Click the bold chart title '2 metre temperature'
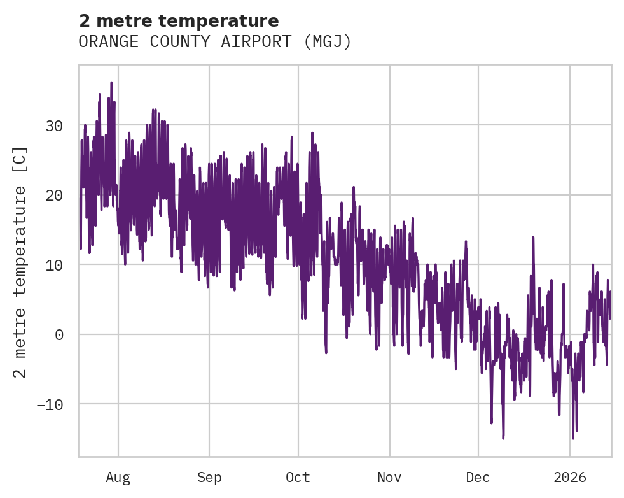point(179,21)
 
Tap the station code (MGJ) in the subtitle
point(328,42)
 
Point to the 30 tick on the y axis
point(54,126)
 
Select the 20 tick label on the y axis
point(54,196)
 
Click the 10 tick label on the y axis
point(54,265)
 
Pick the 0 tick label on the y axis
point(59,335)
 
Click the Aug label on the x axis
point(118,477)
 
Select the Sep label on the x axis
point(209,477)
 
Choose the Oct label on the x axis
point(298,477)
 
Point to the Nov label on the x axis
point(389,477)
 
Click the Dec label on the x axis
point(478,477)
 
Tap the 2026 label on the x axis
point(570,477)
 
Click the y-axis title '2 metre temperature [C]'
point(21,262)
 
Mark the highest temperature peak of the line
point(111,82)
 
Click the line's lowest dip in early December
point(503,438)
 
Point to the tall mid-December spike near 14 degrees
point(532,237)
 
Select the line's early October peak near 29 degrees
point(312,132)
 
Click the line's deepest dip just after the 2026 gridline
point(573,438)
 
